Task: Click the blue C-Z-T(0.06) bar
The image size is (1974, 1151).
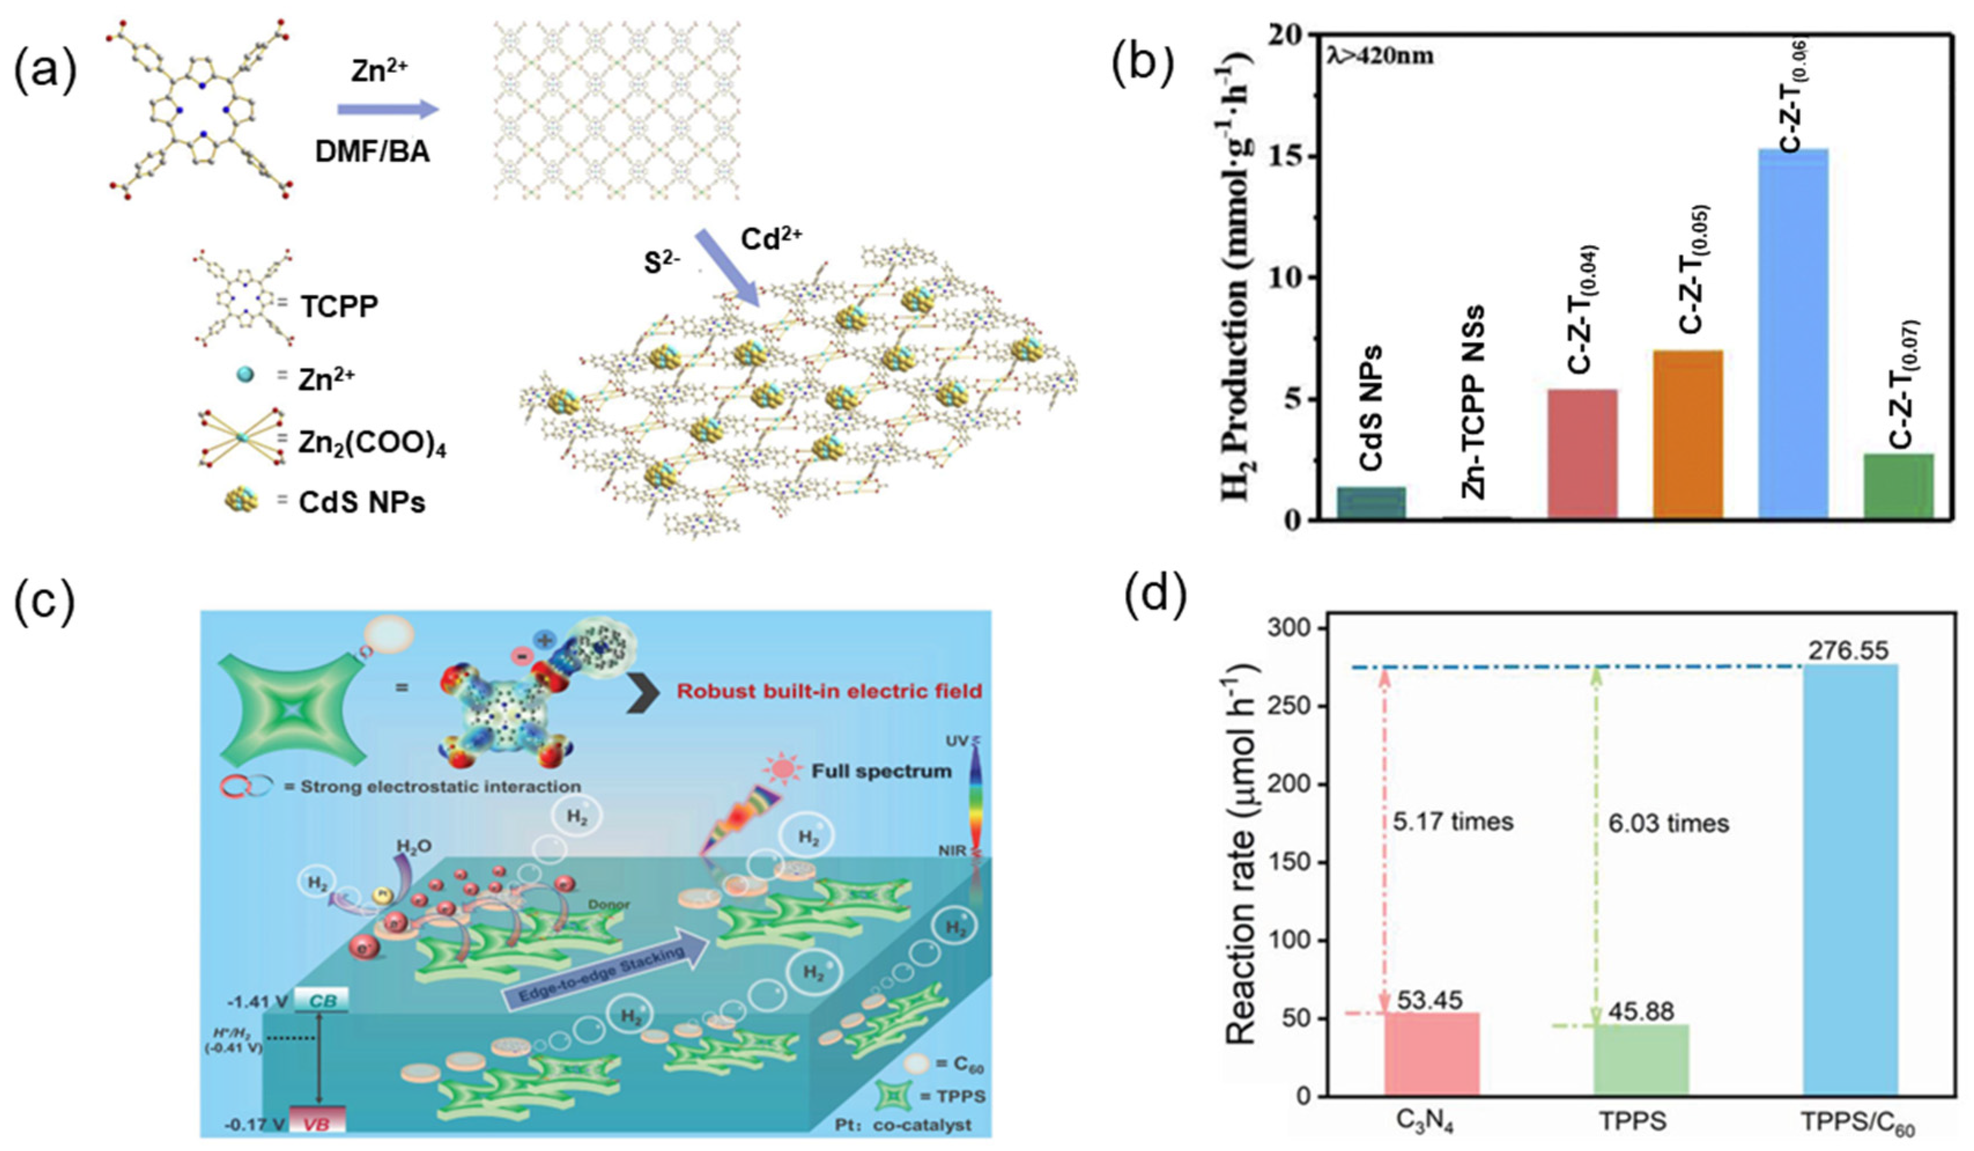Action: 1793,333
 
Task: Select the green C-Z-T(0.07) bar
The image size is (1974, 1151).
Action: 1898,486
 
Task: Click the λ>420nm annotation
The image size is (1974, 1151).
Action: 1379,57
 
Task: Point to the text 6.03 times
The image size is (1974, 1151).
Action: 1668,823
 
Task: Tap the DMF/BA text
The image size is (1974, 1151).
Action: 372,151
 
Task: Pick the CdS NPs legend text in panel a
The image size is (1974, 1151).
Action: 362,502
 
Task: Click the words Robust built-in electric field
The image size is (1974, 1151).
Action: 829,691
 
